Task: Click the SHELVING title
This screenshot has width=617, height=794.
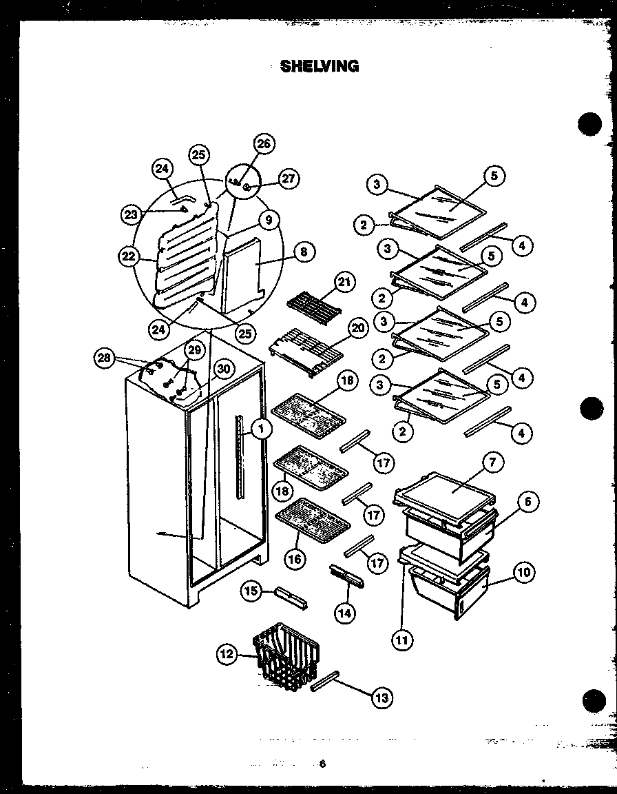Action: (x=320, y=67)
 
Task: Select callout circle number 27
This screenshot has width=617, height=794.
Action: (x=289, y=179)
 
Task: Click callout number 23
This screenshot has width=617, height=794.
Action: (x=131, y=214)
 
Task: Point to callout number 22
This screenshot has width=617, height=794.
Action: (x=127, y=256)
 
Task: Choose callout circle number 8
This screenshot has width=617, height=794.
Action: (x=303, y=252)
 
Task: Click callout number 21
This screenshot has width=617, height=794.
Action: (x=344, y=283)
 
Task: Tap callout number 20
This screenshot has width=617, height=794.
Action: (x=357, y=329)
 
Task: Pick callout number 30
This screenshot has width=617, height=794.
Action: (x=221, y=369)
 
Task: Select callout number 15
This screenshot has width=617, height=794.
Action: (x=251, y=590)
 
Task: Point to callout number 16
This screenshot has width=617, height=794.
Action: (x=295, y=559)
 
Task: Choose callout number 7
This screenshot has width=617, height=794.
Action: (x=493, y=463)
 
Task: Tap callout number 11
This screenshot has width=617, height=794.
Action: (x=401, y=640)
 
